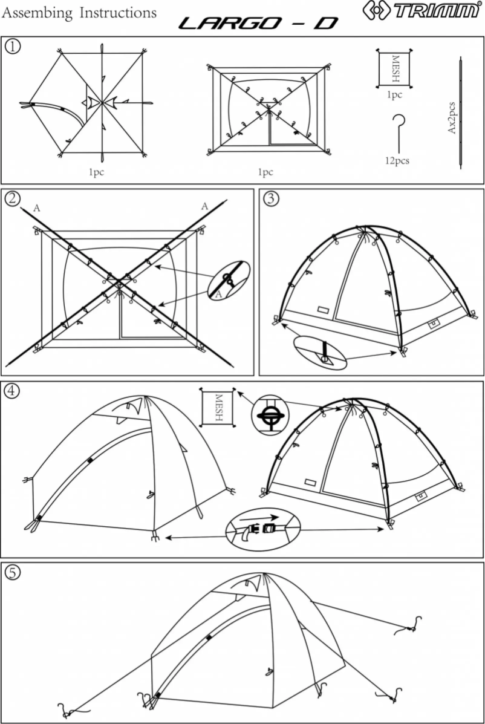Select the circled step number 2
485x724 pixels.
12,198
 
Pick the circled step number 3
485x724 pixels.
272,198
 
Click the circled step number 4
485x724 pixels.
12,391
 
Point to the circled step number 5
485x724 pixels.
12,572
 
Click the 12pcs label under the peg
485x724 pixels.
397,161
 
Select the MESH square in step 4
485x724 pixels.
218,409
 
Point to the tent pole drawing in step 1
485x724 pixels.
461,115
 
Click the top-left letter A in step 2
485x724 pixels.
37,208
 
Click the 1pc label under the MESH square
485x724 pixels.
394,94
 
